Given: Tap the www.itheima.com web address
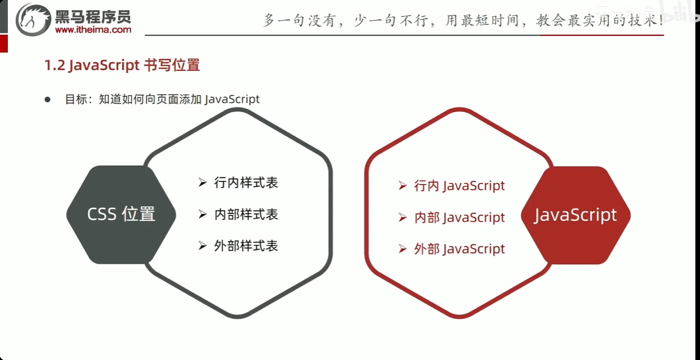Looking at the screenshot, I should (93, 30).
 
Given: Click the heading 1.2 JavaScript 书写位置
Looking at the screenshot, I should (122, 65).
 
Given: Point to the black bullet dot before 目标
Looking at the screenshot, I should (48, 99).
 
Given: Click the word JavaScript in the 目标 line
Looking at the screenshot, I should (232, 99).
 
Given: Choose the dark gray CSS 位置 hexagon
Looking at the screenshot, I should (121, 215).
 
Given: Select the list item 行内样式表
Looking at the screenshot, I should (246, 183).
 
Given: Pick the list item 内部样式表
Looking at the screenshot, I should (246, 214).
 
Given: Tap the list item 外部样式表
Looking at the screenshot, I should (246, 246).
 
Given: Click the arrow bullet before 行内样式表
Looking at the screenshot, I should (203, 183).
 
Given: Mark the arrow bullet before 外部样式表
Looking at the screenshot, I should (203, 246).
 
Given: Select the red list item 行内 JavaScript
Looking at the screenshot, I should (459, 185).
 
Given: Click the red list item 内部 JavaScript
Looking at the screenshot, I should (459, 217).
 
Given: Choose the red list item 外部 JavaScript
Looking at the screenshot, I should (459, 249).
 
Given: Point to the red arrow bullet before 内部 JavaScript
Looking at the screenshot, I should (402, 217).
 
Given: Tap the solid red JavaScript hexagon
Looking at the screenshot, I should (575, 215).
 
